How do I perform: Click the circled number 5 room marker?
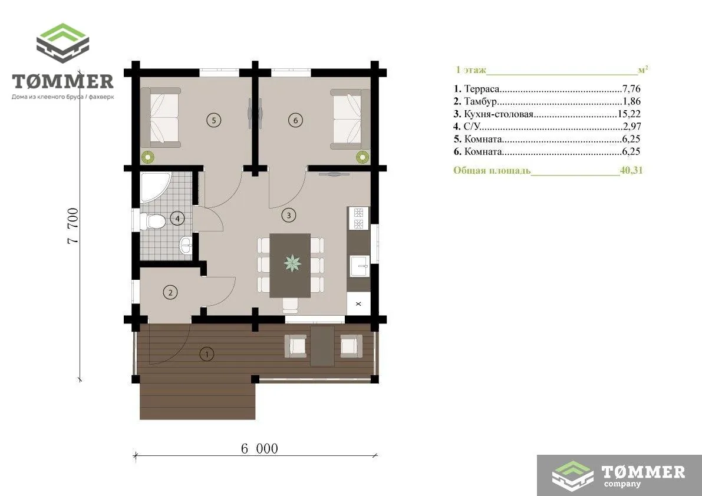coord(214,120)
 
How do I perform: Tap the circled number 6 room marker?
coord(295,120)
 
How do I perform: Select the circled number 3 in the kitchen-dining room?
coord(289,215)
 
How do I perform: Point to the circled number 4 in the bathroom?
coord(178,219)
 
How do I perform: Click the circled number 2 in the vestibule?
coord(170,293)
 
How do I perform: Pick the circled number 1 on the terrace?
coord(206,354)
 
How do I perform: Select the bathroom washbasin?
coord(186,245)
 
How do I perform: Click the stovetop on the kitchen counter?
coord(358,219)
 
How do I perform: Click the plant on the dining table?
coord(292,263)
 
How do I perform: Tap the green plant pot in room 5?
coord(148,157)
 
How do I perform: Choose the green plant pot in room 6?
coord(362,157)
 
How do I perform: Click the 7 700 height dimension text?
coord(73,226)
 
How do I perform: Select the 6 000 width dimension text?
coord(260,449)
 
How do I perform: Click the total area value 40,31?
coord(631,170)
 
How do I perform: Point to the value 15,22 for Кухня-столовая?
coord(629,114)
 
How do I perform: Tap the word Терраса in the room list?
coord(482,89)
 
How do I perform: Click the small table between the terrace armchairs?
coord(322,346)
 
